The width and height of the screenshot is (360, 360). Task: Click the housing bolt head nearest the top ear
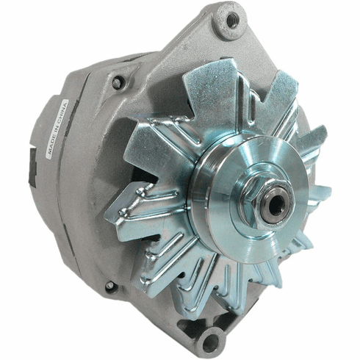click(117, 82)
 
